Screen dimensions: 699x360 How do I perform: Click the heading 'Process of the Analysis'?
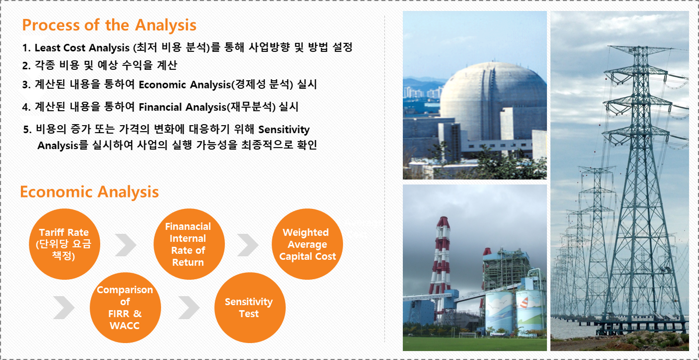tap(109, 25)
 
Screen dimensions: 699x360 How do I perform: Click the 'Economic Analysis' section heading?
tap(90, 191)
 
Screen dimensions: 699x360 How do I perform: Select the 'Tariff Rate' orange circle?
tap(65, 244)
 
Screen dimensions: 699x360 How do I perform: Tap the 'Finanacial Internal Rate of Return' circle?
tap(189, 244)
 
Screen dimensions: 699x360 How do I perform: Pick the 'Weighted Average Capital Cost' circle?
tap(308, 244)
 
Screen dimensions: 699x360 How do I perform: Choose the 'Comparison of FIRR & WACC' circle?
tap(126, 308)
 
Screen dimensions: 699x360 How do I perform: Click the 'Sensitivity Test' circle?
tap(250, 308)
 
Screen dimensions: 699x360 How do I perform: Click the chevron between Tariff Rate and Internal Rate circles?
tap(126, 245)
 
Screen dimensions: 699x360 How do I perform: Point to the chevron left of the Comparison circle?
tap(64, 308)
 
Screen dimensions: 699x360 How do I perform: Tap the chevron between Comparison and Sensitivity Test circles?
tap(189, 308)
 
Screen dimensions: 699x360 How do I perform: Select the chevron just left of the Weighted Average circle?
tap(248, 245)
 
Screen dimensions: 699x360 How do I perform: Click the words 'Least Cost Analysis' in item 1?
tap(82, 48)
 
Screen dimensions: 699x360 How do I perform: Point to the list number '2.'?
tap(26, 65)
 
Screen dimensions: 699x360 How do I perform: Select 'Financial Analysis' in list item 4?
tap(182, 107)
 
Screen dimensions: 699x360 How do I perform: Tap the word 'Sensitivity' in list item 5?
tap(284, 129)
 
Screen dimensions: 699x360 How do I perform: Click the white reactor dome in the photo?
tap(493, 100)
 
